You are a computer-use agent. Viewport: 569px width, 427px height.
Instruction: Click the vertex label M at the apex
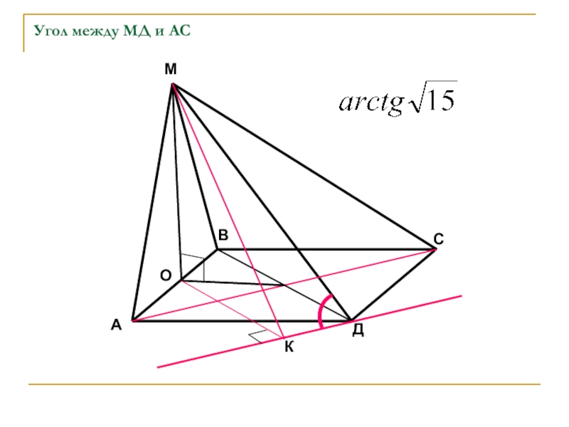click(x=171, y=69)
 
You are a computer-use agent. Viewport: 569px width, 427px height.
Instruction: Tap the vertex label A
click(x=115, y=325)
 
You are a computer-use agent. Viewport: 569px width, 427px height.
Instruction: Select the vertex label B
click(x=223, y=236)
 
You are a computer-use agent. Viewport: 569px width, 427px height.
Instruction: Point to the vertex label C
click(x=439, y=240)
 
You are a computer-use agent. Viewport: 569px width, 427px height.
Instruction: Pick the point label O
click(x=165, y=275)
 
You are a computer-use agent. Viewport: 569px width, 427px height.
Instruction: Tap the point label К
click(x=288, y=347)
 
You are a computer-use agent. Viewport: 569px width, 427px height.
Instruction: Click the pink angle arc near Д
click(x=321, y=312)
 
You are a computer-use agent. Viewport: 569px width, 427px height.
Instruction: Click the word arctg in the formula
click(x=370, y=105)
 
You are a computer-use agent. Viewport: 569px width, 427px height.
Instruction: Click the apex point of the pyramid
click(x=173, y=85)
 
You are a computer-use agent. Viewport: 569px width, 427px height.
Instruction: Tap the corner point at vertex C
click(x=435, y=249)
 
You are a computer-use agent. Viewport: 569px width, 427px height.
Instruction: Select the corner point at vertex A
click(x=132, y=321)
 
